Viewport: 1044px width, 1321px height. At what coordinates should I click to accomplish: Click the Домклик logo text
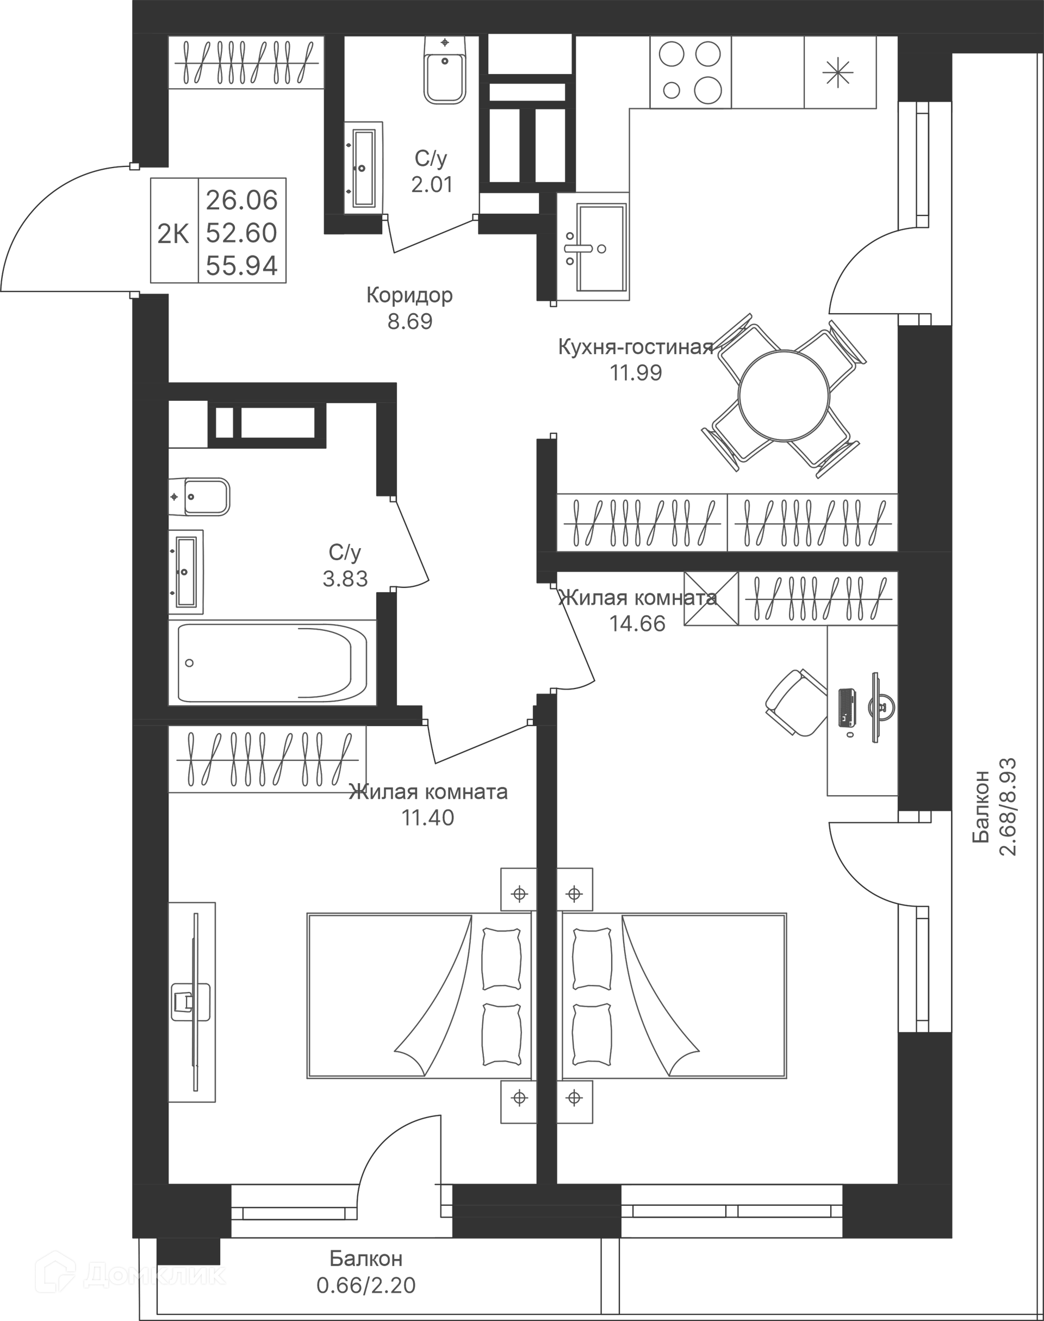[154, 1275]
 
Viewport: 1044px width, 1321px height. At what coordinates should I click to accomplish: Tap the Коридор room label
[409, 295]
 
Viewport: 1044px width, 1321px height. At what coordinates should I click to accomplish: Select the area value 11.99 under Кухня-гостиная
[636, 373]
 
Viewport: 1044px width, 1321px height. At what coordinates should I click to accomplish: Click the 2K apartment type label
[173, 233]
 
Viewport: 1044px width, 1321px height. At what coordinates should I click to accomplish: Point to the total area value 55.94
[242, 265]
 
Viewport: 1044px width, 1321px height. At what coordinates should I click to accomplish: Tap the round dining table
[784, 395]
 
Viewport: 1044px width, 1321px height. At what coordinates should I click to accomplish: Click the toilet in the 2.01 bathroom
[445, 70]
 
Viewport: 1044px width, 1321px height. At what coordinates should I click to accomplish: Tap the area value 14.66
[637, 623]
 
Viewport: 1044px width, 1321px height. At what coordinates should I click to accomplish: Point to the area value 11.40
[427, 817]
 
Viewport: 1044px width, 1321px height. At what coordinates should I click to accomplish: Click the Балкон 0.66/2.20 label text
[365, 1272]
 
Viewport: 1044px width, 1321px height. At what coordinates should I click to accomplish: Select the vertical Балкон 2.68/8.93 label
[994, 807]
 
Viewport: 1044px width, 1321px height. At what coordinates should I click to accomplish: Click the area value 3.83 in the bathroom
[345, 578]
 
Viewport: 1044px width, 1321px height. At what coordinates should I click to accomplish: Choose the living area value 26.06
[242, 200]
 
